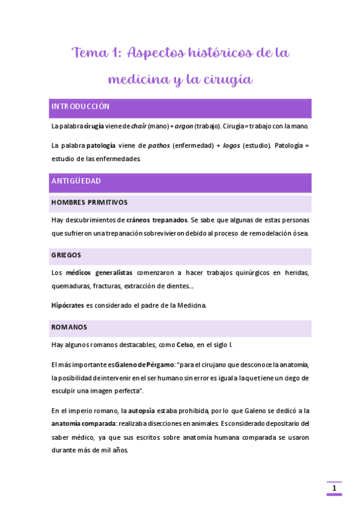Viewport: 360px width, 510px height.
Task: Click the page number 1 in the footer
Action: point(334,488)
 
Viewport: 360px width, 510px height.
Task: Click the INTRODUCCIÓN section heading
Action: point(80,106)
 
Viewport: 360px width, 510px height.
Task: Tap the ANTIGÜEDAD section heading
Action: point(76,181)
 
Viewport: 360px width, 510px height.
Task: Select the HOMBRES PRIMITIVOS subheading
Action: point(89,203)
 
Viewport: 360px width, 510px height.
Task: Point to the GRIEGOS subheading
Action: point(66,255)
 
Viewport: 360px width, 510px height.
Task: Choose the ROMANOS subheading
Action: point(69,327)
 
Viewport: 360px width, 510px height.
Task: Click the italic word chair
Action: point(139,126)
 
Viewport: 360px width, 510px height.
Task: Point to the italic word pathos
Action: point(159,146)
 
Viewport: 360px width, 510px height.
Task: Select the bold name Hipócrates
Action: point(67,306)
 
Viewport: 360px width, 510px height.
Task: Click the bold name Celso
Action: point(185,345)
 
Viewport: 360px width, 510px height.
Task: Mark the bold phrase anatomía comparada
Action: point(84,423)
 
